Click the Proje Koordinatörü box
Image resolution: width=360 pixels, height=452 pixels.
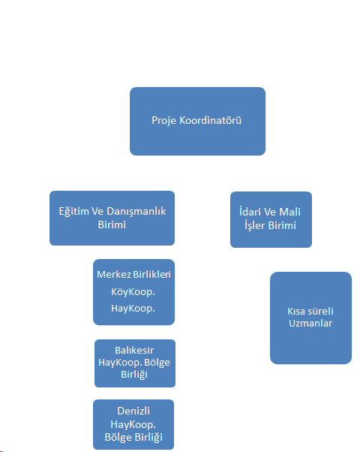pyautogui.click(x=197, y=122)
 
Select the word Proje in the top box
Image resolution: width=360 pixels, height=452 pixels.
pyautogui.click(x=163, y=121)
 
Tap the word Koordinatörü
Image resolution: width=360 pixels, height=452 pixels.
pyautogui.click(x=210, y=120)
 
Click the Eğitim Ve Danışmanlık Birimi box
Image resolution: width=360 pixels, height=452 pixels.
pyautogui.click(x=112, y=218)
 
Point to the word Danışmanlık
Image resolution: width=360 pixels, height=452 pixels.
pyautogui.click(x=136, y=212)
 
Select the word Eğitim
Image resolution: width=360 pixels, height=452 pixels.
pyautogui.click(x=73, y=212)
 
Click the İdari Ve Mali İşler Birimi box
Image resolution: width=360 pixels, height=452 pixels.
pyautogui.click(x=271, y=220)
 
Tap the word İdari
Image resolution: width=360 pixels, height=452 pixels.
pyautogui.click(x=250, y=212)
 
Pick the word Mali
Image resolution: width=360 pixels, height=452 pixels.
pyautogui.click(x=289, y=212)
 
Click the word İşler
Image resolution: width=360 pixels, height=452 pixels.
pyautogui.click(x=254, y=225)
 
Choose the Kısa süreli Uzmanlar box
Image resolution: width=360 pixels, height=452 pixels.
pyautogui.click(x=310, y=318)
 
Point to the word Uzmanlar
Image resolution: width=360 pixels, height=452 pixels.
pyautogui.click(x=310, y=324)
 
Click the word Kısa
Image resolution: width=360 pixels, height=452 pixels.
pyautogui.click(x=295, y=312)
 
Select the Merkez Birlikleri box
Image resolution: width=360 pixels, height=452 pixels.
pyautogui.click(x=134, y=292)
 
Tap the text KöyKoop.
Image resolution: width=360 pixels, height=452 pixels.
pyautogui.click(x=133, y=292)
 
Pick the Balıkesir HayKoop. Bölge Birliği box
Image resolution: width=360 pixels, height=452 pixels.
pyautogui.click(x=135, y=363)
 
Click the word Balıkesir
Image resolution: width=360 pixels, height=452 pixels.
pyautogui.click(x=134, y=350)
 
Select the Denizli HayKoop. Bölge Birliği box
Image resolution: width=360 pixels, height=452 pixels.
pyautogui.click(x=133, y=424)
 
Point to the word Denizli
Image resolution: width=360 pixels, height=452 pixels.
pyautogui.click(x=133, y=411)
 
